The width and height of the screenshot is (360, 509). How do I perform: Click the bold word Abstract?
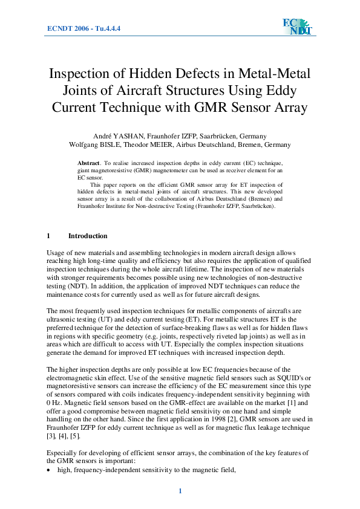88,164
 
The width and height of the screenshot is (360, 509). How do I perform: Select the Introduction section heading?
88,236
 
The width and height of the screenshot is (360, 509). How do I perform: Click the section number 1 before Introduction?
48,236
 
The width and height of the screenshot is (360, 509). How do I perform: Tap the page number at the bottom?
180,490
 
